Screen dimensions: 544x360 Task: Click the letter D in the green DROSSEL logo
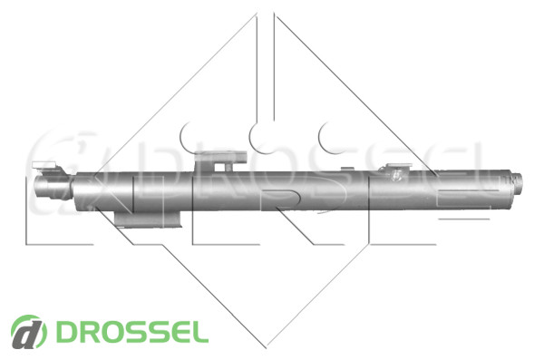point(65,332)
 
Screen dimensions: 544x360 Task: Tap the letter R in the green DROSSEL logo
point(88,332)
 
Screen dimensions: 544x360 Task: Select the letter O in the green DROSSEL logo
point(112,332)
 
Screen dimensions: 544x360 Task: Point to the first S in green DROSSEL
point(135,332)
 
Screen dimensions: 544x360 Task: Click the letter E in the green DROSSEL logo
point(177,332)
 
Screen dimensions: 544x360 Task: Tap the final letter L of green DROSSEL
point(199,332)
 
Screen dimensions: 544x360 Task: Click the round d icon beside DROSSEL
point(29,332)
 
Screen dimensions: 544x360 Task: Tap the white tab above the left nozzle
point(44,164)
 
